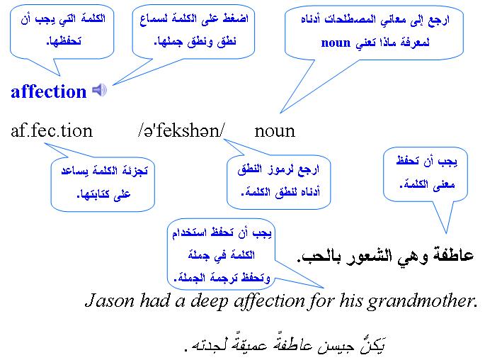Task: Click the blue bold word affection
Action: (49, 91)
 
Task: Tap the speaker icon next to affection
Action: (100, 90)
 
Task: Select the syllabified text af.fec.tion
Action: (52, 130)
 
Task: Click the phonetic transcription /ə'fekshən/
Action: (181, 130)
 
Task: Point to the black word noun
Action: (275, 131)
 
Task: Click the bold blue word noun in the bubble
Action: (336, 43)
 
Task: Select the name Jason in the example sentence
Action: (110, 300)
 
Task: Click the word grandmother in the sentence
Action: (421, 301)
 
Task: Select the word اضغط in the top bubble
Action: (235, 18)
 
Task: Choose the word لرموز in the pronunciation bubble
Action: (283, 170)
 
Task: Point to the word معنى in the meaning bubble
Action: (443, 185)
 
